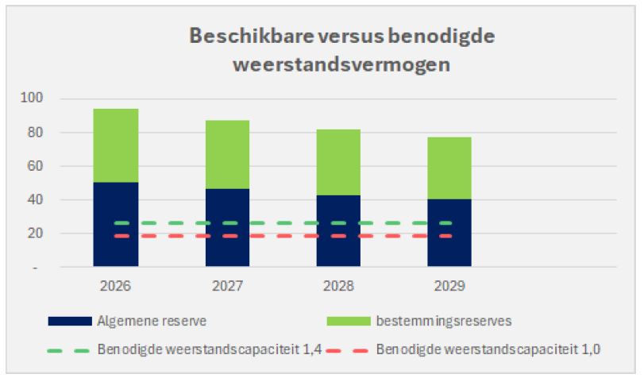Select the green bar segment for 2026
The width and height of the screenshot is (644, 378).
pyautogui.click(x=116, y=145)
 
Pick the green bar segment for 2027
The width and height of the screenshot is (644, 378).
pyautogui.click(x=227, y=154)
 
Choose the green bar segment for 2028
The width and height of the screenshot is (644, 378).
pyautogui.click(x=338, y=161)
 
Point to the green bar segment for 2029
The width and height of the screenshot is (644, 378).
pyautogui.click(x=449, y=168)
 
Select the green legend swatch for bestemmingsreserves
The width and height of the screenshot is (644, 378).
pyautogui.click(x=348, y=320)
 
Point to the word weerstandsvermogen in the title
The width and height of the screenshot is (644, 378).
pyautogui.click(x=342, y=64)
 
